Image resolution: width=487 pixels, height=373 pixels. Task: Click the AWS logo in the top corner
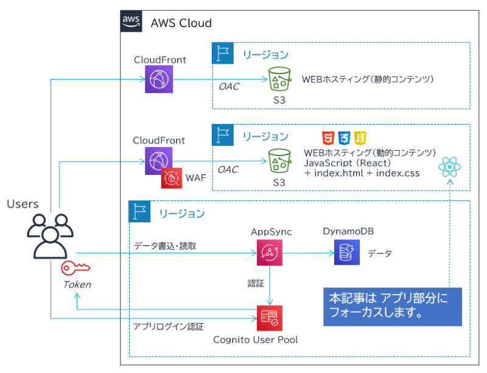[x=131, y=21]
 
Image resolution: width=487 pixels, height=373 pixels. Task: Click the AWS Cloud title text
[x=181, y=23]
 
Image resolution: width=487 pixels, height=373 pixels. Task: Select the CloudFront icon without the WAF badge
[x=159, y=79]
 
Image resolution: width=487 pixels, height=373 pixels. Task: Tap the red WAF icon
[x=171, y=179]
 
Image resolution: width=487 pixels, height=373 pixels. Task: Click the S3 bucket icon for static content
[x=279, y=79]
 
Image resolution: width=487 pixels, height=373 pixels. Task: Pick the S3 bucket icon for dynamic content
[x=279, y=162]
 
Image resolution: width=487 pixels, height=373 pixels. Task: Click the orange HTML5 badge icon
[x=328, y=137]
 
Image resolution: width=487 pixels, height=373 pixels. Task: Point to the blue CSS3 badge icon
[x=345, y=137]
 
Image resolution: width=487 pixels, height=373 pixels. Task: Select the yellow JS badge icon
[x=360, y=137]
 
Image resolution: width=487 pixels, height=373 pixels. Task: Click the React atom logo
[x=449, y=166]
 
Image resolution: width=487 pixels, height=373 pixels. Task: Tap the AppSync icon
[x=268, y=253]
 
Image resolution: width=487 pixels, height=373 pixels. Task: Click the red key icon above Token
[x=74, y=268]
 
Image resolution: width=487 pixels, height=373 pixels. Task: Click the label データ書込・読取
[x=166, y=246]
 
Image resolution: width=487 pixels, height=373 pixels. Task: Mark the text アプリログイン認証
[x=169, y=327]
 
